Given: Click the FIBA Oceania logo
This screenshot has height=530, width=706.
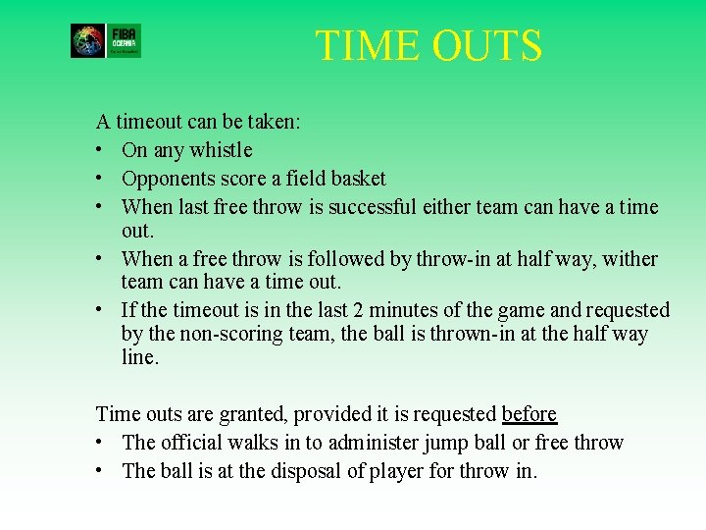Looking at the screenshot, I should point(106,41).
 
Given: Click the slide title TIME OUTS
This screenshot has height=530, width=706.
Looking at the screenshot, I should point(429,46).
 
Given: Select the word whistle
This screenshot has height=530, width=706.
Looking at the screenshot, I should point(222,150).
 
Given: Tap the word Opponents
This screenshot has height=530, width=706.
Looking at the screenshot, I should point(167,179).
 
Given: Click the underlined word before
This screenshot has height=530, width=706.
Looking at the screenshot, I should point(529,414).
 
